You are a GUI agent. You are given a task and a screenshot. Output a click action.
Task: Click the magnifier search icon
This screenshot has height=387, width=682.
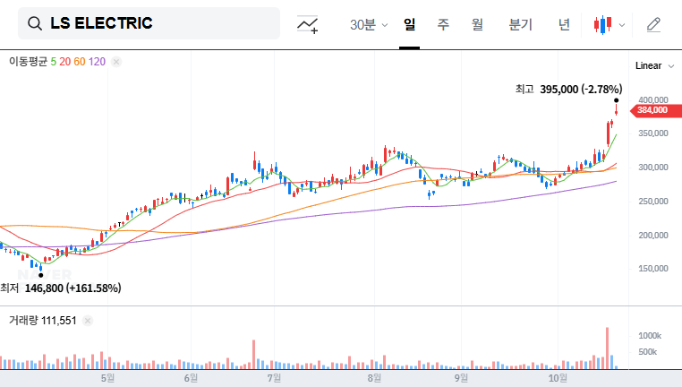(x=36, y=24)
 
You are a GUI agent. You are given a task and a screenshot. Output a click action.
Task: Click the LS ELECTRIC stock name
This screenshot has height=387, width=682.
(x=101, y=24)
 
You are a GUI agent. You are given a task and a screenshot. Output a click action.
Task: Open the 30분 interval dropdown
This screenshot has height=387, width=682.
(x=368, y=25)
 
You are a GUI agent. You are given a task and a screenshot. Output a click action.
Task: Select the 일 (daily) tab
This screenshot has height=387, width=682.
(x=410, y=25)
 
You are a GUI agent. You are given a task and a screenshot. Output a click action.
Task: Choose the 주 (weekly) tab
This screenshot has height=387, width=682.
(x=443, y=25)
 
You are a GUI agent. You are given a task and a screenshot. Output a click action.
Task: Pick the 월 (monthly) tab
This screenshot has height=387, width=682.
(x=477, y=25)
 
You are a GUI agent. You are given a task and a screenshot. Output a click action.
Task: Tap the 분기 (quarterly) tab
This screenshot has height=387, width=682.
(x=520, y=25)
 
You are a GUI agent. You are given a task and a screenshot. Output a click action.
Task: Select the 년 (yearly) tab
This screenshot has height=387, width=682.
(x=564, y=25)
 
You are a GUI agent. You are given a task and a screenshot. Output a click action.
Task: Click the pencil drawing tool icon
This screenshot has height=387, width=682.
(x=653, y=24)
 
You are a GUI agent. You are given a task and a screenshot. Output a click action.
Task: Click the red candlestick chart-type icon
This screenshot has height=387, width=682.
(x=603, y=25)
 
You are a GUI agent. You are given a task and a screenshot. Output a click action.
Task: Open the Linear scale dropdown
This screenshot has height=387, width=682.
(x=653, y=65)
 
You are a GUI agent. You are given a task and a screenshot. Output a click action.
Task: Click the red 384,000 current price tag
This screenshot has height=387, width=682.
(x=652, y=110)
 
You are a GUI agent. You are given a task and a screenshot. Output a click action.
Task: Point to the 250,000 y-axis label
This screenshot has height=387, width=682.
(x=652, y=202)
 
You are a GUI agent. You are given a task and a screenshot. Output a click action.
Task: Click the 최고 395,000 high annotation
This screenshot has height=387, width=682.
(x=568, y=89)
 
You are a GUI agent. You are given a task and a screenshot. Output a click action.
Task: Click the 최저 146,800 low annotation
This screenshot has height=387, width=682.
(x=61, y=288)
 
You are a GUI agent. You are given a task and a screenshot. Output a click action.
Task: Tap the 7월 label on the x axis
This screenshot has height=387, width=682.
(x=275, y=378)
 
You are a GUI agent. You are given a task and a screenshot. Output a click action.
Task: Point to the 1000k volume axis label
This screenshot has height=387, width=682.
(x=650, y=334)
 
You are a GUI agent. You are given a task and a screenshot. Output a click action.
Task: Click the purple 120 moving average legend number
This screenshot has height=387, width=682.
(x=98, y=62)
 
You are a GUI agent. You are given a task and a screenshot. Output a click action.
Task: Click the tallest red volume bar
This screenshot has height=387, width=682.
(x=608, y=348)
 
